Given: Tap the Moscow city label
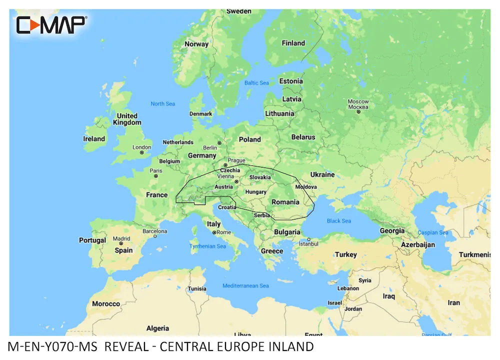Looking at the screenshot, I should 358,104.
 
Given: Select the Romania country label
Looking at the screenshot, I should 285,202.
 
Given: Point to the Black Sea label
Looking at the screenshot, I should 339,220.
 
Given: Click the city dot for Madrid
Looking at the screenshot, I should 120,243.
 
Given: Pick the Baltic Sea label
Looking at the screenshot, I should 256,83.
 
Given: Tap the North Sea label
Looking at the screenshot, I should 163,103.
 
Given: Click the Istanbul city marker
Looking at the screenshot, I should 309,239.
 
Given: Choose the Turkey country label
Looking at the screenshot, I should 346,254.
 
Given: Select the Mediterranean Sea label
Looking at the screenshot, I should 245,285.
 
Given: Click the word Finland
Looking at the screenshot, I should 293,43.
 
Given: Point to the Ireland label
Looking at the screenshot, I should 94,138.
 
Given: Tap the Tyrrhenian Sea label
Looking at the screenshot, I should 207,246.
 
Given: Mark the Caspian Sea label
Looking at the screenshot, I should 433,232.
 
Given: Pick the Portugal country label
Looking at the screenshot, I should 92,240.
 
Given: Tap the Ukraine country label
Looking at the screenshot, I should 322,174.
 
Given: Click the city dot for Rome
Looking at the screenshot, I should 214,232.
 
